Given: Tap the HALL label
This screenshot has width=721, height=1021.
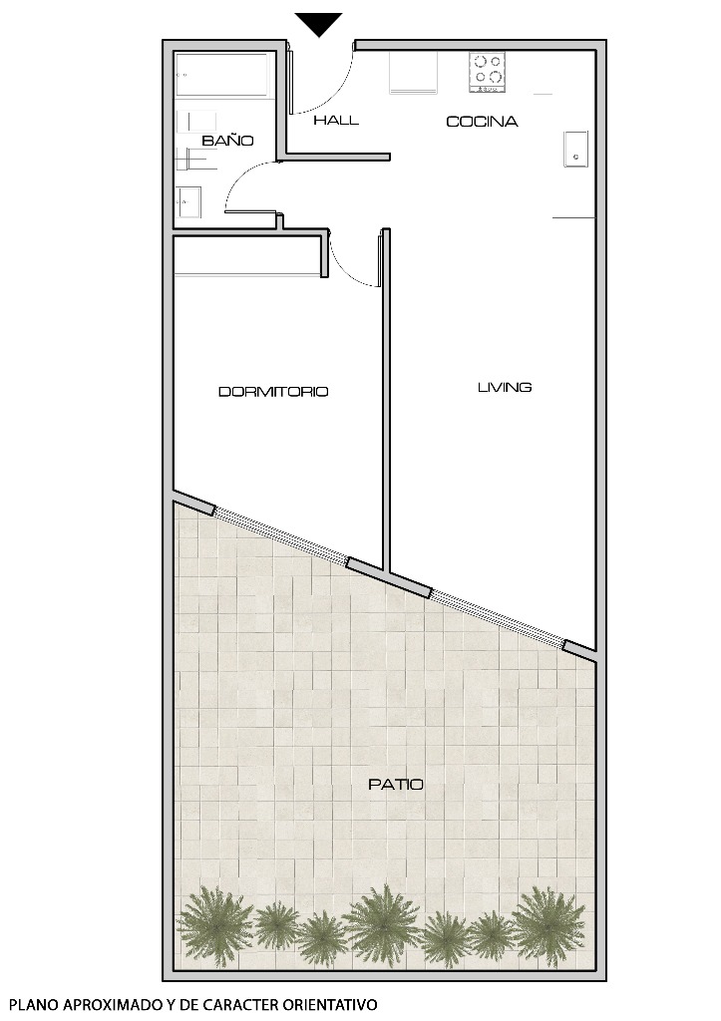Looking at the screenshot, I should click(x=336, y=121).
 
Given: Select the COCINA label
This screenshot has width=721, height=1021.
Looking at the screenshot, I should click(x=482, y=122).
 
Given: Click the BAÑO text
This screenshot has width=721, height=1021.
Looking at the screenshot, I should click(x=227, y=142).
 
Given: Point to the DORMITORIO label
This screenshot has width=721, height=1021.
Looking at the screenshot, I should click(x=273, y=392).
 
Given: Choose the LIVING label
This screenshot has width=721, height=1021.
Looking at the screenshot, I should click(x=505, y=387).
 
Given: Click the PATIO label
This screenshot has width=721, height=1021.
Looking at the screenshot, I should click(x=396, y=785).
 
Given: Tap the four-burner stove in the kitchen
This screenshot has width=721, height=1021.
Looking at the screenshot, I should click(x=488, y=72).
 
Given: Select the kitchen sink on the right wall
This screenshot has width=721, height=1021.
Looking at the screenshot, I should click(x=575, y=149).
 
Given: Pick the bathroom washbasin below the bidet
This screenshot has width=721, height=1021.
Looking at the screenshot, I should click(x=188, y=202).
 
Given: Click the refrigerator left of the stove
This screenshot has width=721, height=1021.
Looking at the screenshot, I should click(x=413, y=72).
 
